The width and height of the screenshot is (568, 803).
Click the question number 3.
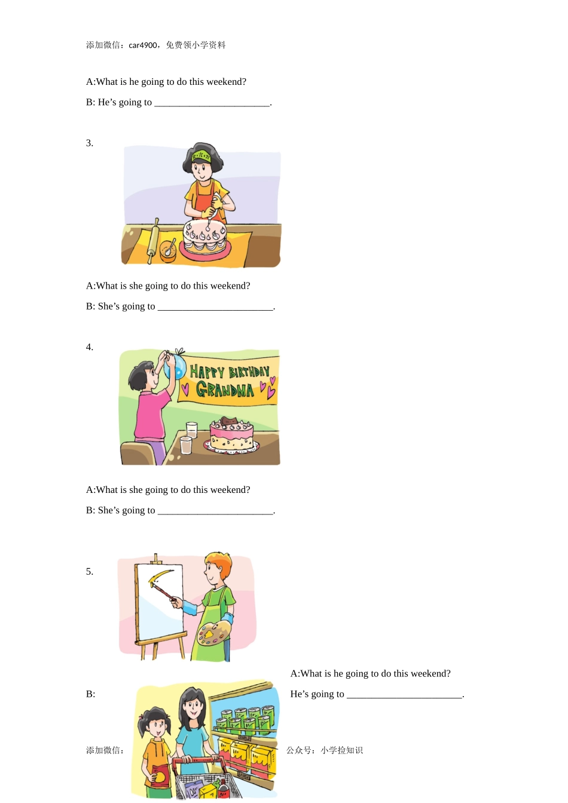pos(89,143)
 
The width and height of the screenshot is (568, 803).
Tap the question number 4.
pos(89,347)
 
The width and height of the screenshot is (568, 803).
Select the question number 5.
pos(89,571)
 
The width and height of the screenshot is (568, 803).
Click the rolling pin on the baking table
pos(152,241)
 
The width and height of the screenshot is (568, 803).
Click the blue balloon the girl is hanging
pos(175,367)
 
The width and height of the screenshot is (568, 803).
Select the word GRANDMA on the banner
pos(225,389)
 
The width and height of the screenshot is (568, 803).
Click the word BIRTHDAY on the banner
pos(249,372)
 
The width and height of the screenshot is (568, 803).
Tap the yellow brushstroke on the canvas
pos(159,575)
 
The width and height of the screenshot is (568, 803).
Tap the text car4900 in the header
pos(143,45)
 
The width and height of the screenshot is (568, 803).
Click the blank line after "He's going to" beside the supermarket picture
pos(405,697)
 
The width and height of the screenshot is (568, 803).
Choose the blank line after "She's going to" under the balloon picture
pos(215,513)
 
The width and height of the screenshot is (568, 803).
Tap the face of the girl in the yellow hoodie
pos(155,727)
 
